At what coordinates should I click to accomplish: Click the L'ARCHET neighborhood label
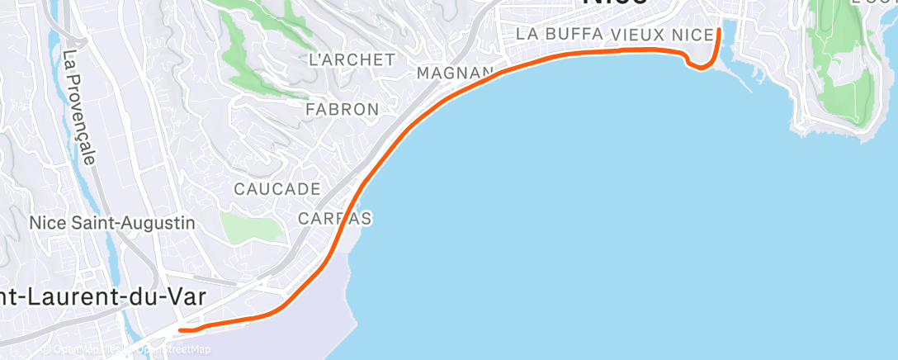[351, 59]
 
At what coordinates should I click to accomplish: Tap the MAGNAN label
[456, 73]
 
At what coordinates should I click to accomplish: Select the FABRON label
[342, 109]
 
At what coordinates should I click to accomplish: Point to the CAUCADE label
[276, 189]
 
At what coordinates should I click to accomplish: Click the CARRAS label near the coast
[334, 219]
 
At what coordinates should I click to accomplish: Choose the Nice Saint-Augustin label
[111, 223]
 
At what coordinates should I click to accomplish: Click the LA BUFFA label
[561, 35]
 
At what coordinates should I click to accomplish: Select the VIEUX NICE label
[663, 35]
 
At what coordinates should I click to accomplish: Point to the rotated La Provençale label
[80, 107]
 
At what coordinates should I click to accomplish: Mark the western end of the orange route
[181, 330]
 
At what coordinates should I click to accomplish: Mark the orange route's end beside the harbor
[720, 31]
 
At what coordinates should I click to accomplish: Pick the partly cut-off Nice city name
[614, 4]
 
